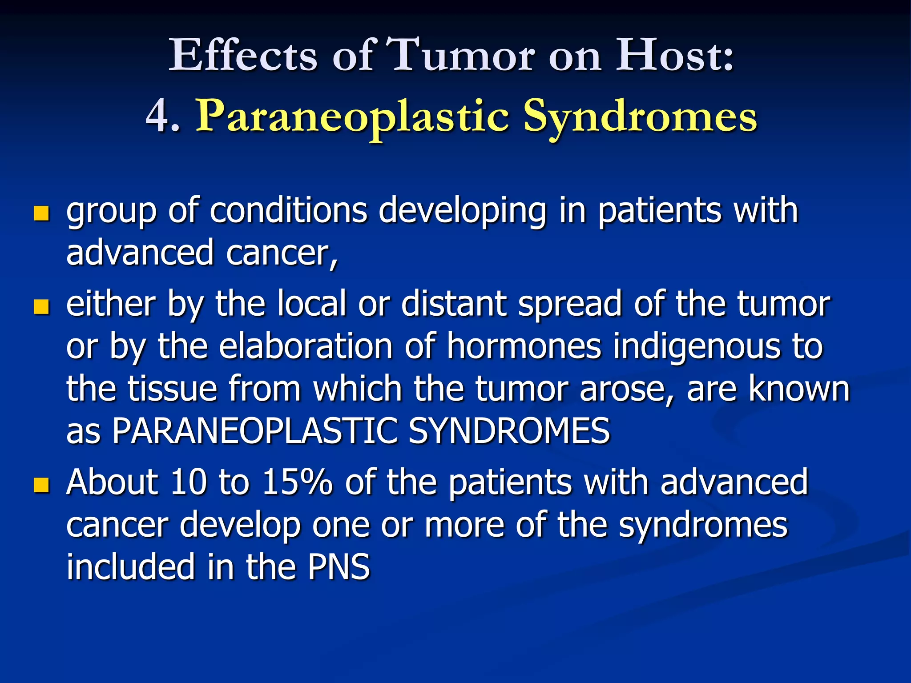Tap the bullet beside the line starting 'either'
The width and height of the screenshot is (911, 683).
click(41, 307)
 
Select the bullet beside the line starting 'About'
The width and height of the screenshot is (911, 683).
click(41, 485)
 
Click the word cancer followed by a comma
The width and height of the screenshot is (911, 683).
click(281, 253)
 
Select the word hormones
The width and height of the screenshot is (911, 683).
click(524, 347)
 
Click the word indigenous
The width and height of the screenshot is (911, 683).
click(697, 347)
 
